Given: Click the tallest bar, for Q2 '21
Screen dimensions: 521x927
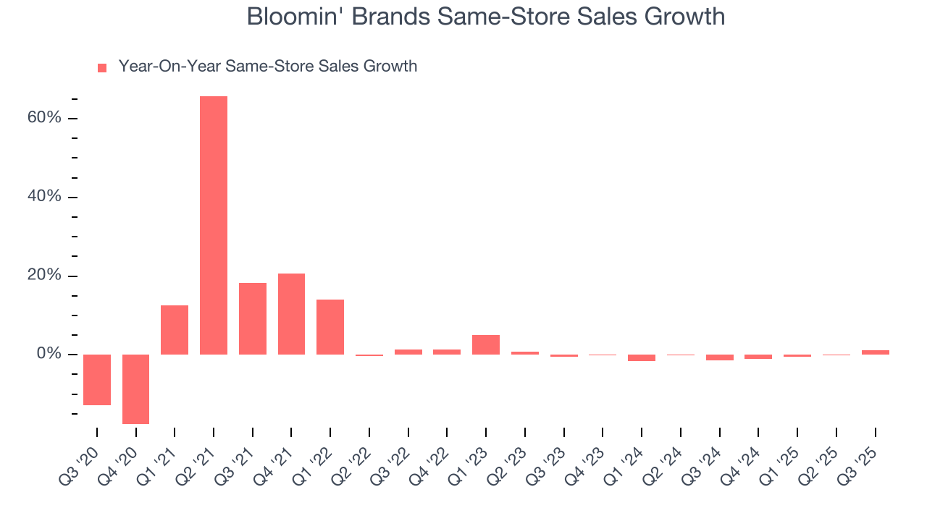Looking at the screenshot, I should coord(214,225).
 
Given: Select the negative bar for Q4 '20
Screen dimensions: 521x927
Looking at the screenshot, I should coord(135,389).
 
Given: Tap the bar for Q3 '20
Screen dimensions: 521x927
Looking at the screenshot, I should coord(97,379).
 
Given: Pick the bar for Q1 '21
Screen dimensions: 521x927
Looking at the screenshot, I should coord(175,329).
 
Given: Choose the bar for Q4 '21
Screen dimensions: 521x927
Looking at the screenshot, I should coord(291,313).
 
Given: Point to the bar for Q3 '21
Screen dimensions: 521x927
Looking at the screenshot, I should coord(253,318).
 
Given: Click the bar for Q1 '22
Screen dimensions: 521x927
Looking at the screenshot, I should coord(330,326).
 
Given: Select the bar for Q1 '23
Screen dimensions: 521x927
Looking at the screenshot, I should coord(486,344).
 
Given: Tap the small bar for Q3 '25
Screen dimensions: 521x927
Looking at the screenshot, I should coord(875,352).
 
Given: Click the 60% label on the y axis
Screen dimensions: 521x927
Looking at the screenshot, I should coord(43,118).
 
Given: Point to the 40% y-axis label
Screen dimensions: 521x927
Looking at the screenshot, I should coord(43,197).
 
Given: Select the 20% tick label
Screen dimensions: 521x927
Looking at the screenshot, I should coord(43,276).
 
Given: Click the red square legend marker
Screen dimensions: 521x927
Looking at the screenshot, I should coord(102,67).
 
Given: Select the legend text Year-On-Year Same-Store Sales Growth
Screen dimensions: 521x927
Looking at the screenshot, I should coord(268,67).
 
